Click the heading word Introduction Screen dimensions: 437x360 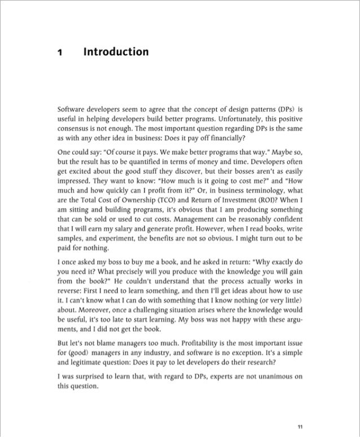point(116,53)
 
